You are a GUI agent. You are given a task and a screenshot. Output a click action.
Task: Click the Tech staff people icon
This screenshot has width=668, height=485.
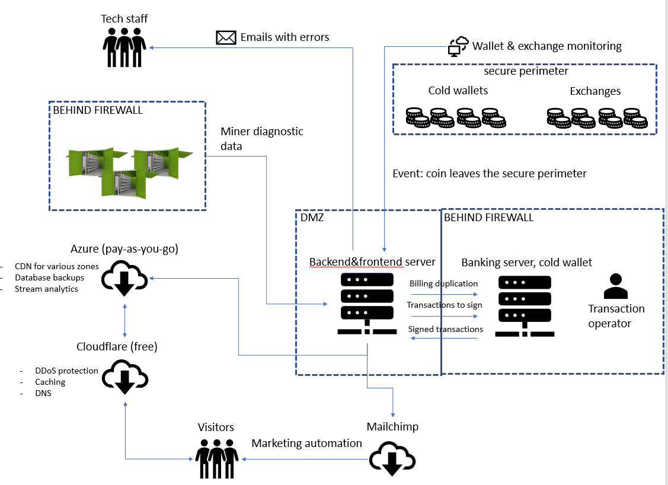(x=124, y=44)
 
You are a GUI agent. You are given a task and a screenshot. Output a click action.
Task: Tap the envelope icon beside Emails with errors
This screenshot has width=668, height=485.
(x=226, y=38)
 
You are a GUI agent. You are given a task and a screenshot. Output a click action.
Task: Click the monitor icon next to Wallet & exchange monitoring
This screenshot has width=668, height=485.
(x=458, y=46)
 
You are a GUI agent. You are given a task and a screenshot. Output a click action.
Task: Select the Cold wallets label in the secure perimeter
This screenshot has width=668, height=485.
(x=458, y=91)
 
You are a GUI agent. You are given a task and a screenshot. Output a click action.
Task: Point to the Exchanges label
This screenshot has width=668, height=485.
(x=595, y=91)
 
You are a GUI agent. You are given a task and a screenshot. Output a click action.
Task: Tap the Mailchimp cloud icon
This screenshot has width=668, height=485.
(x=392, y=459)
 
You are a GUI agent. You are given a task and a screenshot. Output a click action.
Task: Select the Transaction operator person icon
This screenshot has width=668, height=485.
(x=615, y=286)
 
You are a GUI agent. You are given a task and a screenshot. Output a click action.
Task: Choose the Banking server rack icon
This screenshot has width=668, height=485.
(x=525, y=305)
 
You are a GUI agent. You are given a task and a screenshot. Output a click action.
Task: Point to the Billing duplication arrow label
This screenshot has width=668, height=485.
(x=443, y=283)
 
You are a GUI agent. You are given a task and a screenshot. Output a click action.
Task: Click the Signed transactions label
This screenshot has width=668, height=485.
(x=445, y=329)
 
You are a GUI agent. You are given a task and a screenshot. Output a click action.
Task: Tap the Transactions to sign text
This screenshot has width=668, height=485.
(x=444, y=305)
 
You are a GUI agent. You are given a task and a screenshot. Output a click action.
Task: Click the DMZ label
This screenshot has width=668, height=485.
(x=312, y=218)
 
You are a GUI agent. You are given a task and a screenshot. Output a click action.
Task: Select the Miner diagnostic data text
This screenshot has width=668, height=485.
(x=261, y=138)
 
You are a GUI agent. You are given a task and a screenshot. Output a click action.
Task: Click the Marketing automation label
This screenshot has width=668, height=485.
(x=306, y=443)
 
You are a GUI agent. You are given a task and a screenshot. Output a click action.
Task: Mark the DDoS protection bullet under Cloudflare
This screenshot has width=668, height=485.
(x=66, y=371)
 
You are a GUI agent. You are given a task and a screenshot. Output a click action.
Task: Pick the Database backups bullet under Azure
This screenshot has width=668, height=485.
(x=50, y=277)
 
